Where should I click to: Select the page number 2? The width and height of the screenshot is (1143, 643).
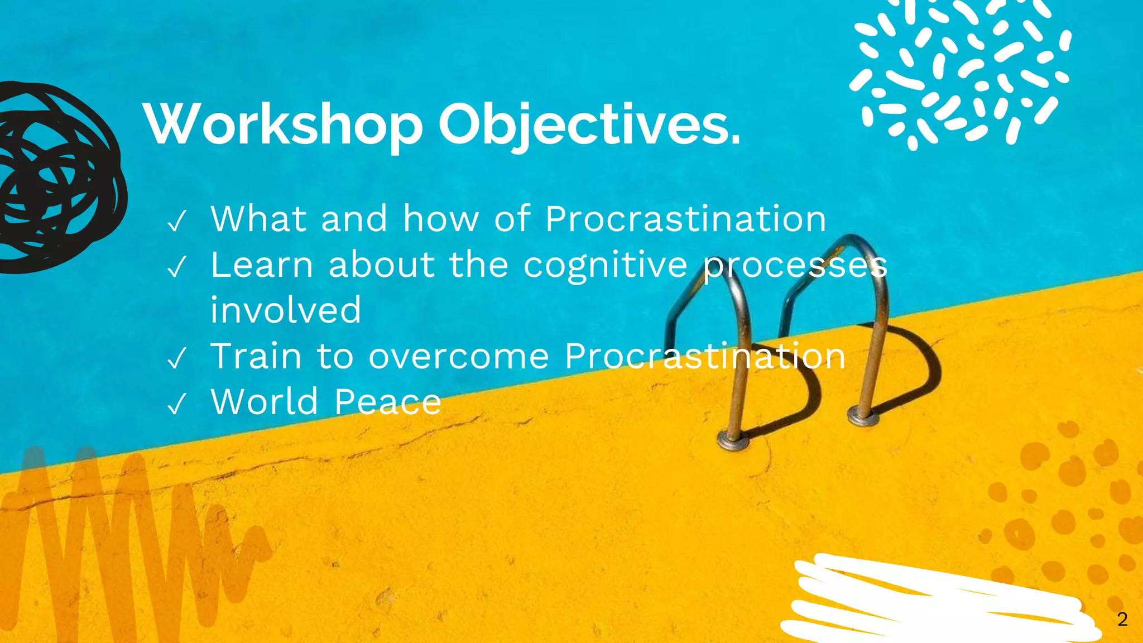[x=1122, y=619]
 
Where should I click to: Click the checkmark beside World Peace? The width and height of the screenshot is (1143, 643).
[x=176, y=404]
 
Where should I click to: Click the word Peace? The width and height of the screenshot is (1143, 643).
[x=388, y=402]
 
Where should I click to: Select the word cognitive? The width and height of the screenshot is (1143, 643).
[x=606, y=265]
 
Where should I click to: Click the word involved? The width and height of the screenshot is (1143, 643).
[x=286, y=310]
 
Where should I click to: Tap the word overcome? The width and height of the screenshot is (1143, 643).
[x=459, y=356]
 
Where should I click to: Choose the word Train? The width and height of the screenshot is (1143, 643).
[x=256, y=356]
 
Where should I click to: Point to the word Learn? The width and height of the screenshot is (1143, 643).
[x=262, y=265]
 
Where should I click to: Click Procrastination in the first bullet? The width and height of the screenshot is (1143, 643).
[x=685, y=219]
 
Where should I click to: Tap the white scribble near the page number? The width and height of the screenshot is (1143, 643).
[x=938, y=600]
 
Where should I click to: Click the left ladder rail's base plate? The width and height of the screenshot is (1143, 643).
[x=733, y=441]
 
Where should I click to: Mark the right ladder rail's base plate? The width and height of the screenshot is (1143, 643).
[x=863, y=416]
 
